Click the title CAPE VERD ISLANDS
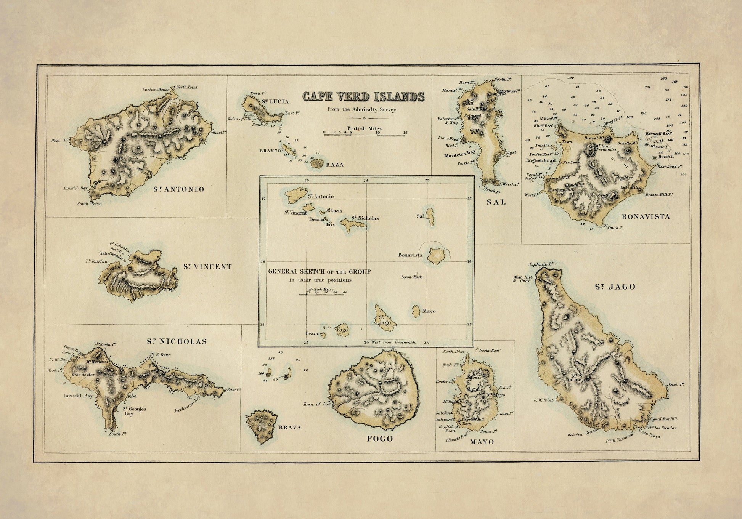(x=363, y=97)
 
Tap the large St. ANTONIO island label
(x=179, y=189)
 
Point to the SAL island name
(x=496, y=202)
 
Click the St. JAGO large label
(x=615, y=287)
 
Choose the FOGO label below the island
(x=379, y=439)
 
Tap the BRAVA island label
(x=290, y=428)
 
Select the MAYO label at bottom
(x=482, y=442)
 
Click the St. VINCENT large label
(x=207, y=267)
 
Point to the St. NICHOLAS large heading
(x=177, y=341)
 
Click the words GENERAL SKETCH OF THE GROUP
(x=320, y=272)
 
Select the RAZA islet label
(x=334, y=165)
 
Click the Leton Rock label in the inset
(x=411, y=277)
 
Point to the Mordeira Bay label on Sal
(x=460, y=156)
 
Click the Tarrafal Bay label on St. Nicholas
(x=78, y=396)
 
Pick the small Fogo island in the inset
(x=342, y=330)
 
